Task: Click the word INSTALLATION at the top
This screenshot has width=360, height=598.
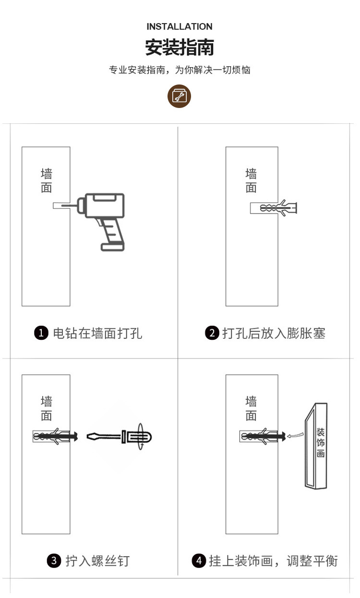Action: point(180,26)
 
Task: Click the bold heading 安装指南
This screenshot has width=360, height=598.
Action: point(180,48)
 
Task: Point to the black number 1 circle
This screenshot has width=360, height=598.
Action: point(42,333)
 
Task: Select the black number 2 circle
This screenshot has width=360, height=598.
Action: point(212,333)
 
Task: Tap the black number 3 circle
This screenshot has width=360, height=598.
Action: point(54,560)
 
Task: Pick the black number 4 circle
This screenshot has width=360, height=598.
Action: point(199,560)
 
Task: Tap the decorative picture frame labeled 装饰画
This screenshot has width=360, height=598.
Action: point(316,446)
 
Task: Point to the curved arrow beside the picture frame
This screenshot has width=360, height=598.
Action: point(296,435)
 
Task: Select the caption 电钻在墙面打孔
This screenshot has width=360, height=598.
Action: point(97,333)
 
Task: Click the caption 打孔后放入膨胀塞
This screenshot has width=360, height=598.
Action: point(274,333)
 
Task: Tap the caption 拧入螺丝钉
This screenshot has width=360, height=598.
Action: point(97,560)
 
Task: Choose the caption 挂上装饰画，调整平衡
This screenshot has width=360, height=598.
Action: point(273,560)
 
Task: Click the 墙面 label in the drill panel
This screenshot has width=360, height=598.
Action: point(46,180)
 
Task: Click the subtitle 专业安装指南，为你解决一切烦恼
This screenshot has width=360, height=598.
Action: point(180,70)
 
